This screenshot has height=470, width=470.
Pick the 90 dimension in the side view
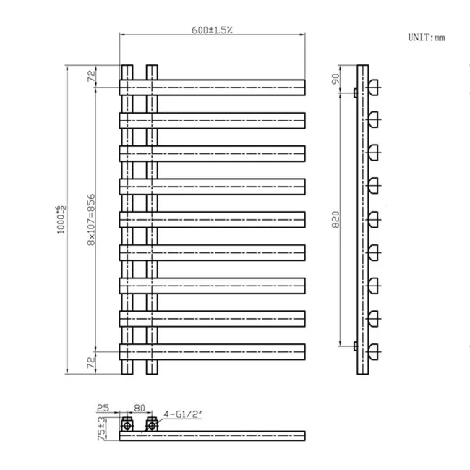[x=335, y=79]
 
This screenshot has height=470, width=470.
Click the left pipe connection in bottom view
[x=127, y=424]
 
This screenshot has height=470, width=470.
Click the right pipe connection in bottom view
[x=152, y=424]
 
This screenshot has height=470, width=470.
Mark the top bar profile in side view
[x=374, y=87]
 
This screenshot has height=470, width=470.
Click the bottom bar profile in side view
[x=374, y=352]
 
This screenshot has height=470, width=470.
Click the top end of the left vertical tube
[x=127, y=67]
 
